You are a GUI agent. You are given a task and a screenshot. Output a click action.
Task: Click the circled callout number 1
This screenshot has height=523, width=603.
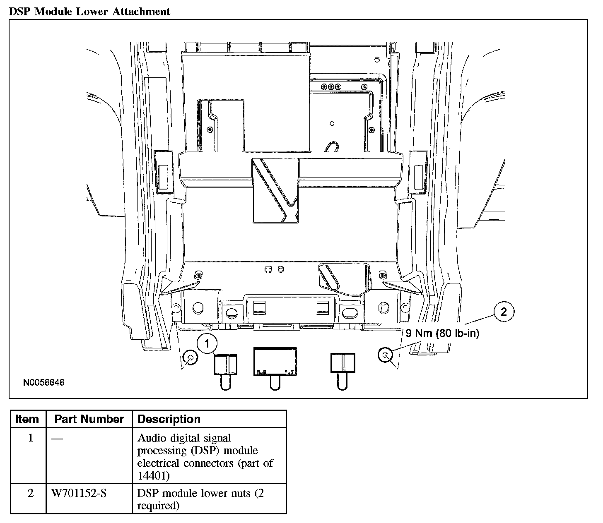point(207,343)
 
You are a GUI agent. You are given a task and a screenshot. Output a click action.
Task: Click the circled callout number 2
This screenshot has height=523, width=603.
point(503,312)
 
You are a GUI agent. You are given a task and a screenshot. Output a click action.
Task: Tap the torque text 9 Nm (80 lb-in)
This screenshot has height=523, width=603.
point(442,333)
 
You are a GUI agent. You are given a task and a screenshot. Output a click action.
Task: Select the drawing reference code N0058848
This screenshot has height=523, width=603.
point(44,383)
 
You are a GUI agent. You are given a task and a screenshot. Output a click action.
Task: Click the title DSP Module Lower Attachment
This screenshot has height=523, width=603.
point(90,12)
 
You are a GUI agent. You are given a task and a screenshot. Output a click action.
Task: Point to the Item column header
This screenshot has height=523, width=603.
point(27,419)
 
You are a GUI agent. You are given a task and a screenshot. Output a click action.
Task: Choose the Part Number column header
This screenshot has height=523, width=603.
point(89,419)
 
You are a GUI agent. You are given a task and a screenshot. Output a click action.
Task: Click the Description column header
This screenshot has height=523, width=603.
point(169,419)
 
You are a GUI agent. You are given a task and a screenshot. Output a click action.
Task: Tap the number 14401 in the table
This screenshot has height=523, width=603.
point(153,476)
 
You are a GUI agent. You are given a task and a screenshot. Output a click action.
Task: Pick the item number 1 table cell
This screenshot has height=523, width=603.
point(30,438)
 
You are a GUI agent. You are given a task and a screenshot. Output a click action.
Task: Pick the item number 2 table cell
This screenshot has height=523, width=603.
point(30,493)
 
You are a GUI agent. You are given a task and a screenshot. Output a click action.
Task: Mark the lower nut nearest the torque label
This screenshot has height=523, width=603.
point(386,355)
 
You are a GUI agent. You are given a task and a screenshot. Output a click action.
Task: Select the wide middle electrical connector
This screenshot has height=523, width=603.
point(275,362)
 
